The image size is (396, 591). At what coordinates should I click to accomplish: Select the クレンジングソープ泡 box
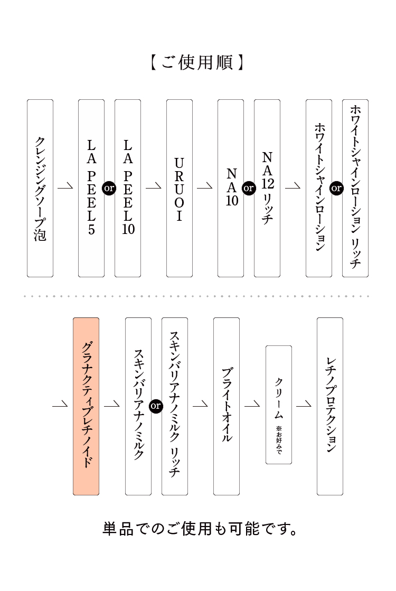[x=40, y=188]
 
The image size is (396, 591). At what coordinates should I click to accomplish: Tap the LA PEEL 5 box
[x=91, y=188]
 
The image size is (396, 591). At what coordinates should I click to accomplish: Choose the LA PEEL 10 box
[x=128, y=188]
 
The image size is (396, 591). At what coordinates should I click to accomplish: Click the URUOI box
[x=179, y=188]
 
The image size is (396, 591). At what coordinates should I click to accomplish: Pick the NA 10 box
[x=231, y=188]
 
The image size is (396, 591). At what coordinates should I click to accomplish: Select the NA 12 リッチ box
[x=267, y=188]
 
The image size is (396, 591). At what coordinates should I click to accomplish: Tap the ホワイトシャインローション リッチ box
[x=355, y=188]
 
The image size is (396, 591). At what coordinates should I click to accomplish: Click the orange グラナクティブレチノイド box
[x=86, y=406]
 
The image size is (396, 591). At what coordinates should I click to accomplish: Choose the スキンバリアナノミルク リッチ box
[x=175, y=406]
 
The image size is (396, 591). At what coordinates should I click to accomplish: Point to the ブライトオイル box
[x=227, y=406]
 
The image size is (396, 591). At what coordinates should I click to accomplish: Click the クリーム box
[x=278, y=405]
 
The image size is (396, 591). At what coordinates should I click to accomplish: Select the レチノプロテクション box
[x=330, y=406]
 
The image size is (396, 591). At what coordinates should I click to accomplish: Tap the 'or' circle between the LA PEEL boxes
[x=109, y=188]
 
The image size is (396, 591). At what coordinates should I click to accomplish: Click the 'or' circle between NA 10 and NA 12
[x=249, y=188]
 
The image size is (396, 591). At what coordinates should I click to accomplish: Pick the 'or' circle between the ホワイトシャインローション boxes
[x=337, y=188]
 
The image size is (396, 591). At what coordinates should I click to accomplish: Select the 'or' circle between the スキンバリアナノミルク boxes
[x=156, y=406]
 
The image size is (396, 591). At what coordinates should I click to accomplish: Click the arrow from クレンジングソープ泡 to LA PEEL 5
[x=65, y=187]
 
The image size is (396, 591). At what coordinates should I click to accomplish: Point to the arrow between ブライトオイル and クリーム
[x=252, y=405]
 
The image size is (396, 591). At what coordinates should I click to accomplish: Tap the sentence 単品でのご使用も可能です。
[x=200, y=529]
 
